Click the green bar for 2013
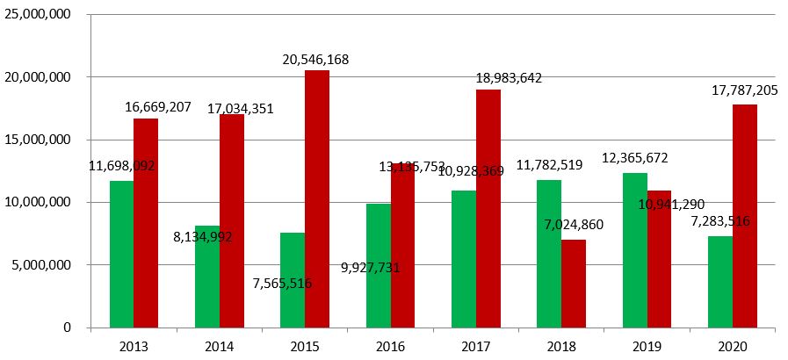coord(121,254)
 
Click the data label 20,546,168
coord(315,60)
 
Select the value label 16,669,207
coord(157,107)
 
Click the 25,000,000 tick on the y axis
coord(40,15)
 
